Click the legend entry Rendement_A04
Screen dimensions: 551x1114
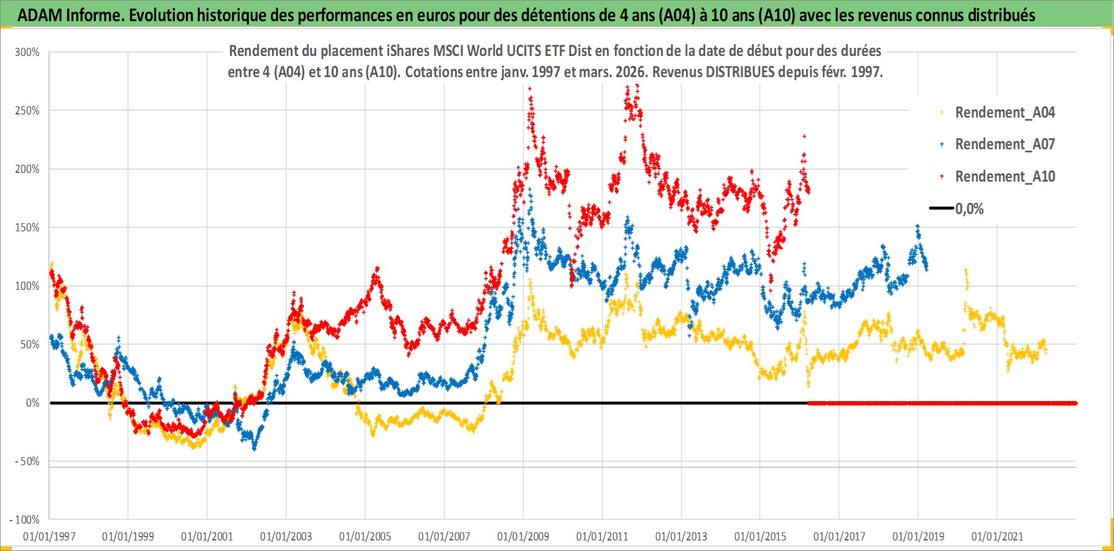pyautogui.click(x=1004, y=113)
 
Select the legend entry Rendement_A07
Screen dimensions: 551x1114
pyautogui.click(x=1004, y=144)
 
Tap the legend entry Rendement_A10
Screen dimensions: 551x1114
pyautogui.click(x=1004, y=177)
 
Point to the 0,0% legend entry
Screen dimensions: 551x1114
pyautogui.click(x=969, y=209)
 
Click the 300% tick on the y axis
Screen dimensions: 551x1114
pyautogui.click(x=27, y=52)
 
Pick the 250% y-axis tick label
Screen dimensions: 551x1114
pyautogui.click(x=27, y=111)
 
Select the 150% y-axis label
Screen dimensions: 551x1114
pyautogui.click(x=27, y=228)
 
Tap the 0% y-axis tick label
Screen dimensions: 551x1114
pyautogui.click(x=32, y=403)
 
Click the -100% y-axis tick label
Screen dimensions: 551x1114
pyautogui.click(x=25, y=520)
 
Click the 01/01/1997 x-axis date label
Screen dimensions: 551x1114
pyautogui.click(x=49, y=537)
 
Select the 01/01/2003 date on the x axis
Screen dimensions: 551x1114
pyautogui.click(x=286, y=537)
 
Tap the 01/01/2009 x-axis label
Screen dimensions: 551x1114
pyautogui.click(x=523, y=537)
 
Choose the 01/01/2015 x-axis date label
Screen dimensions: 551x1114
pyautogui.click(x=761, y=537)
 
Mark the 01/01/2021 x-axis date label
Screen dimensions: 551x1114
pyautogui.click(x=998, y=537)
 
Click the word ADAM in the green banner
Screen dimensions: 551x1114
pyautogui.click(x=39, y=15)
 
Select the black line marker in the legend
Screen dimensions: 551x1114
pyautogui.click(x=941, y=208)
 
